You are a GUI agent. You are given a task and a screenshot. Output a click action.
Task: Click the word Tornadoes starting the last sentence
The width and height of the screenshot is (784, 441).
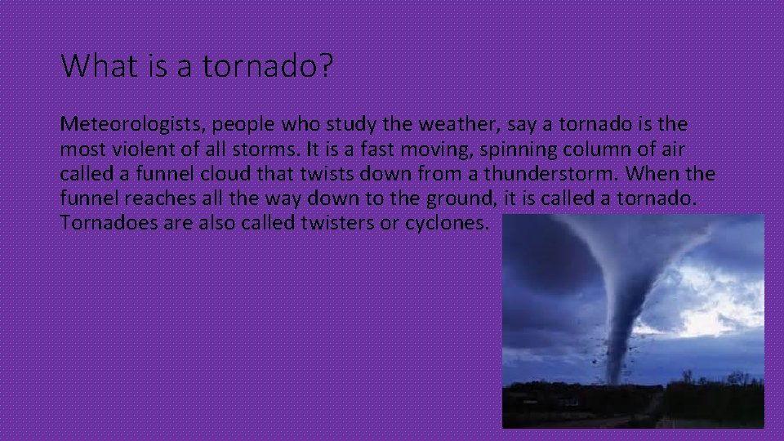point(100,223)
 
